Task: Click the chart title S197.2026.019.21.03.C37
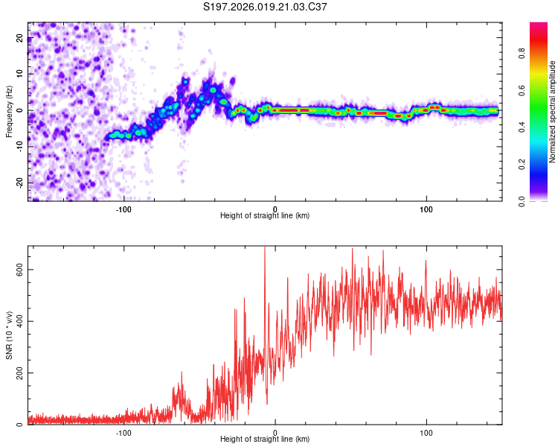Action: [x=266, y=7]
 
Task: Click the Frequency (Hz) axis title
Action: [x=9, y=110]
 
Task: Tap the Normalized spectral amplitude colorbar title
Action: [x=553, y=112]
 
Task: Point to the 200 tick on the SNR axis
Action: [x=18, y=373]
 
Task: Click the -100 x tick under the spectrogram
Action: [x=124, y=208]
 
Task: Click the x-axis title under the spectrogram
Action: [x=265, y=215]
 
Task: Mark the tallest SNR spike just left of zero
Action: [x=265, y=250]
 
